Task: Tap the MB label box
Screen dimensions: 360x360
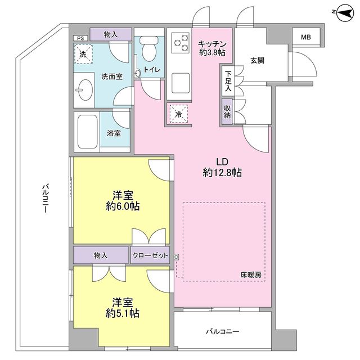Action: coord(305,38)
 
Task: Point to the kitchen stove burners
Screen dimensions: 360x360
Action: coord(181,43)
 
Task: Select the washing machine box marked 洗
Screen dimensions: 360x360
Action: coord(83,55)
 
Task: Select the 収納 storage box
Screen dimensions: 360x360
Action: coord(227,110)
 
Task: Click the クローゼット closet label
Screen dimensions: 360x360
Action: coord(150,255)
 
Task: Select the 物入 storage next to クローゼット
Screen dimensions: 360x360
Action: coord(101,255)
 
